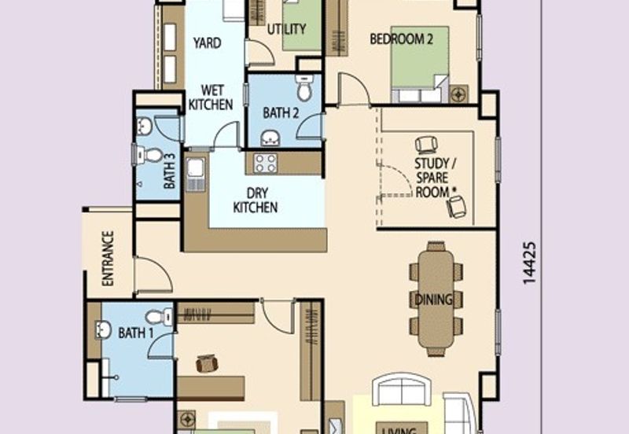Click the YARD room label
point(207,43)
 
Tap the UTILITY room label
point(285,30)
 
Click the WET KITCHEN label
point(210,97)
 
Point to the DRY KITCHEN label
point(256,200)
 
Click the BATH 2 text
point(281,113)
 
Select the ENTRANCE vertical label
point(108,257)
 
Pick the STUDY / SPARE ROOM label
point(432,178)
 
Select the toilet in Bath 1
point(158,317)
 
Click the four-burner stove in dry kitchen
point(265,163)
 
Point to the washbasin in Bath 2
point(270,139)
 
